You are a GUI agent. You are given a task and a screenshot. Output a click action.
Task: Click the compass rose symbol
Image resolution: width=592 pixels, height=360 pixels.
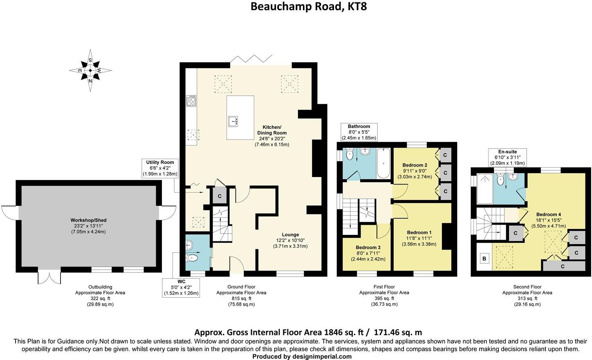coord(90,70)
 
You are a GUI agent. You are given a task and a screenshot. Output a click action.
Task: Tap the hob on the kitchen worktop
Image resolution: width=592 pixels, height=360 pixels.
coord(191,101)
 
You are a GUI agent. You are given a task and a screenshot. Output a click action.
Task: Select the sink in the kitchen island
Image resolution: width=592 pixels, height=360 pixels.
coord(233,122)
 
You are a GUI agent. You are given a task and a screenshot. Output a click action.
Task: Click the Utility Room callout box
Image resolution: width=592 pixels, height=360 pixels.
coord(160,168)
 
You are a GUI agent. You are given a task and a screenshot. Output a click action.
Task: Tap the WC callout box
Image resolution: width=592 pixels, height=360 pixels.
coord(181,288)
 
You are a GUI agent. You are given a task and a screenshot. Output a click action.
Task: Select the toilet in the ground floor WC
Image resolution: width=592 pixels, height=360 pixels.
coord(192,258)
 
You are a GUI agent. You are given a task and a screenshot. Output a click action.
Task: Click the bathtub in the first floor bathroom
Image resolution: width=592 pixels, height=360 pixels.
coord(383,163)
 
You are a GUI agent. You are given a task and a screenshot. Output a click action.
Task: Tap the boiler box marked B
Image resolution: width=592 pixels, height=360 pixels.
coord(484,259)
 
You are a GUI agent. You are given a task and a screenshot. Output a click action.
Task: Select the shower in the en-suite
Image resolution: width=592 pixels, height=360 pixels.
coord(485,189)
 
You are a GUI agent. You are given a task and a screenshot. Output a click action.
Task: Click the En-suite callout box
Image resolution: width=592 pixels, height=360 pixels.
coord(507,157)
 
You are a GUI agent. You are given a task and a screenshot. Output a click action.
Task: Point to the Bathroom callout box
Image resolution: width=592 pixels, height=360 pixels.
coord(359,132)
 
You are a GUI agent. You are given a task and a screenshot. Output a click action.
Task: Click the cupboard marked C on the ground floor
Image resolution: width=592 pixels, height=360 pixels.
coord(220,196)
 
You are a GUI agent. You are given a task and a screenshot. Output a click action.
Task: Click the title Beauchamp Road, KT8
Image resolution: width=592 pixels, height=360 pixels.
coord(308,7)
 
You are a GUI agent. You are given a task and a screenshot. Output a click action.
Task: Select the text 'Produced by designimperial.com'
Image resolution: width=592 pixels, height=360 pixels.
coord(302,357)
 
